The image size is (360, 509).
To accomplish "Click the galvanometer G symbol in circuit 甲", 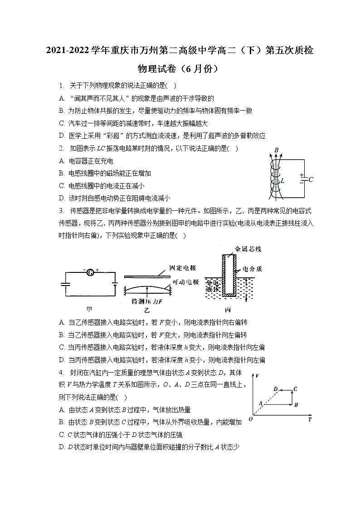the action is pos(90,272).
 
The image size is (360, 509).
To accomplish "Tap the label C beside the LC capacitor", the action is pos(311,179).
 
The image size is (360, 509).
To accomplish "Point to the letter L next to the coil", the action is pos(282,181).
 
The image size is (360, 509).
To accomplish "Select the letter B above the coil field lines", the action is pos(276,150).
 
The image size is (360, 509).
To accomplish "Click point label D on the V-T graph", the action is pos(275,389).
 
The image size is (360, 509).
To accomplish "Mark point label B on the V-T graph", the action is pos(296,405).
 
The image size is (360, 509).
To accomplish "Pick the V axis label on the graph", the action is pos(257,376).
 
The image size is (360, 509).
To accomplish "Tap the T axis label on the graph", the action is pos(310,419).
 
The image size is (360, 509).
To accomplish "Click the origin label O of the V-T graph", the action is pos(251,419).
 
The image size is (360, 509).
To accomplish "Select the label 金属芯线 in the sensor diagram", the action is pos(248,249).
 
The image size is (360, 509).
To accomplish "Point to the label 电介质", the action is pos(252,268).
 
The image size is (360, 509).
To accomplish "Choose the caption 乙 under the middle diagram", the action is pos(146,310).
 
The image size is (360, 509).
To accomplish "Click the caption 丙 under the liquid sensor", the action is pos(228,310).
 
